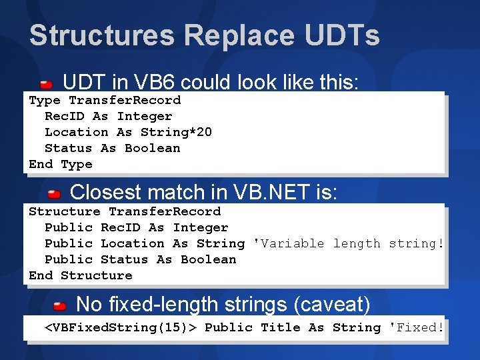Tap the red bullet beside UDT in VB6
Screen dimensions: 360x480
[x=47, y=85]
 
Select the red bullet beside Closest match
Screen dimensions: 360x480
[x=54, y=194]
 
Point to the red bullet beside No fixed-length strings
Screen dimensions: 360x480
[x=60, y=306]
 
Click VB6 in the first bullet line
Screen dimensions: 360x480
[x=147, y=83]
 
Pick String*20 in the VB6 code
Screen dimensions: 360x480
[x=176, y=132]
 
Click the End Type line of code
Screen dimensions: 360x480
[x=61, y=164]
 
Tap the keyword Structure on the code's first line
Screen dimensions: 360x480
[x=65, y=211]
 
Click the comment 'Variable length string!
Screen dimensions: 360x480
[x=349, y=243]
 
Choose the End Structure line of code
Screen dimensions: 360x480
[x=81, y=275]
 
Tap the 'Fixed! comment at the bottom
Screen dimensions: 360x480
[x=416, y=327]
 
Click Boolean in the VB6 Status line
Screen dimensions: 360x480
[x=152, y=148]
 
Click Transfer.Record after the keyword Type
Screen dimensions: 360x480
[x=125, y=100]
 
